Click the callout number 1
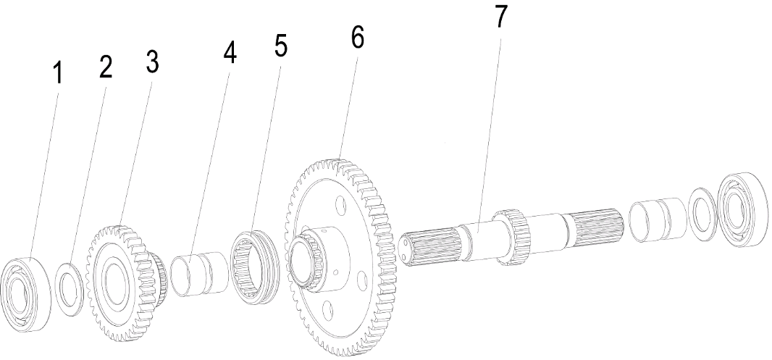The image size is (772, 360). pos(58,73)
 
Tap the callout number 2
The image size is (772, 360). pos(105,67)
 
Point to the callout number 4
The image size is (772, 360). pos(230,52)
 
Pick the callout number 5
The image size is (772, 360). pos(280,45)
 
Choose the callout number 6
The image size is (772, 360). pos(358,37)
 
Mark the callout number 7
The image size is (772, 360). pos(500,17)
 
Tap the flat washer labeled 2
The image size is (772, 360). pos(69,290)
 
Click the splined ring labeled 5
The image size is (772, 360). pos(254,267)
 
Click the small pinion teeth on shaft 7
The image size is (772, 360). pos(512,236)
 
